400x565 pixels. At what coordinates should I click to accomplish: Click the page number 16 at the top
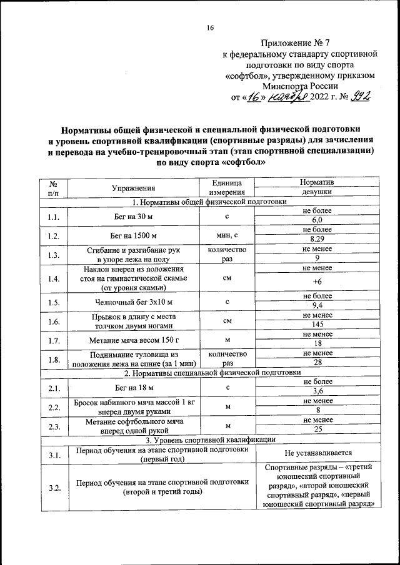[211, 28]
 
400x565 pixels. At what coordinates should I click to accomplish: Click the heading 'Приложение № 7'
[299, 43]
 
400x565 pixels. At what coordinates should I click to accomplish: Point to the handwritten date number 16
[257, 97]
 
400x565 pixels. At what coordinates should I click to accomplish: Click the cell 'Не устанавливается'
[317, 453]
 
